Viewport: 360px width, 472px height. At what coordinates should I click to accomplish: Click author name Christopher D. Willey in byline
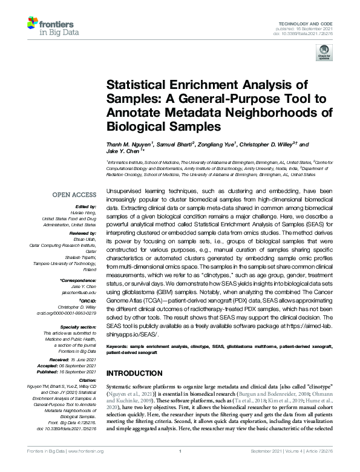pyautogui.click(x=270, y=145)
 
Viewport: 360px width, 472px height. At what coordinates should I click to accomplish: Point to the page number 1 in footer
pyautogui.click(x=180, y=467)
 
